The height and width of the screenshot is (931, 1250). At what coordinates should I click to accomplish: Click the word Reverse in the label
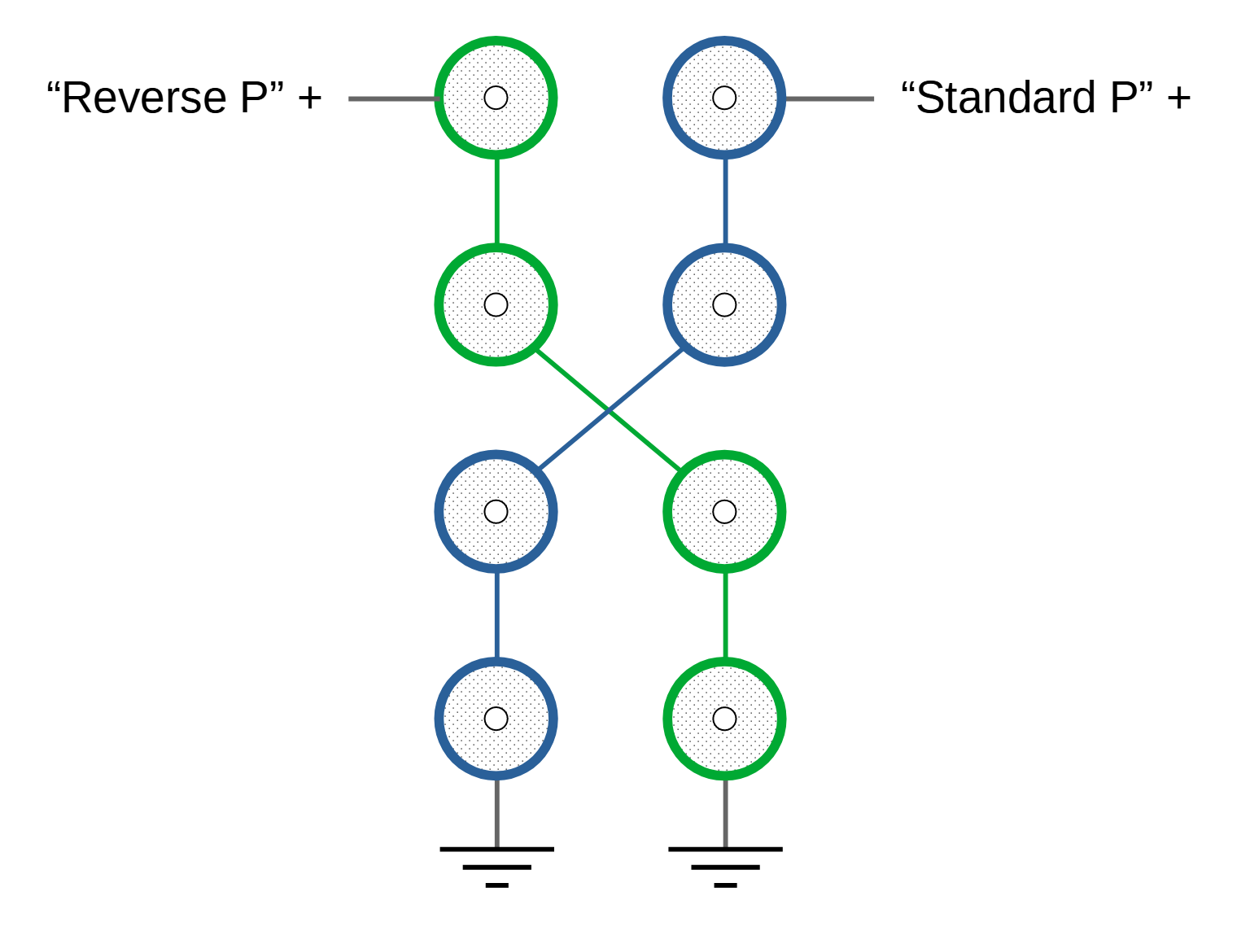144,98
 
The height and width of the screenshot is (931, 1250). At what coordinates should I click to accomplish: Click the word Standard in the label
1006,98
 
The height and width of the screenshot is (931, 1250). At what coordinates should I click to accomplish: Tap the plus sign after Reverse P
310,98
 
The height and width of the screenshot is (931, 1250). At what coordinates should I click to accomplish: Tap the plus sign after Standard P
1178,98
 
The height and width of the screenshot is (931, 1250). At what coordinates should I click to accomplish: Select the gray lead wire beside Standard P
829,99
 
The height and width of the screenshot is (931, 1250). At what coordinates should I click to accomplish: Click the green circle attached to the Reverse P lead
496,98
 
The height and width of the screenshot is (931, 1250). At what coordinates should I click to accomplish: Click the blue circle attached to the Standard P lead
724,98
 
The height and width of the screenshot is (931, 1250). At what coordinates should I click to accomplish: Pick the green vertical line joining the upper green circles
497,201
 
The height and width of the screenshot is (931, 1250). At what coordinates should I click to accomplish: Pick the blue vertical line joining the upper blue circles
725,201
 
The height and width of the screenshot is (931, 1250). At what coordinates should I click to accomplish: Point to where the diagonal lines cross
610,410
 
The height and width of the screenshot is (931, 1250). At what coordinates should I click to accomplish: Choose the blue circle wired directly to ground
496,719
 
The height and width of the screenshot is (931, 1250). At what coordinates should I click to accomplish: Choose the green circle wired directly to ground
724,719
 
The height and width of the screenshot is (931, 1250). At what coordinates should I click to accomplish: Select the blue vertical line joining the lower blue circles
497,615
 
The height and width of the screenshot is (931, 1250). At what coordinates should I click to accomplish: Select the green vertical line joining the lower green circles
725,615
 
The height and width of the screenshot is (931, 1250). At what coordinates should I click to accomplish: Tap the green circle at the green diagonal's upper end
496,305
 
